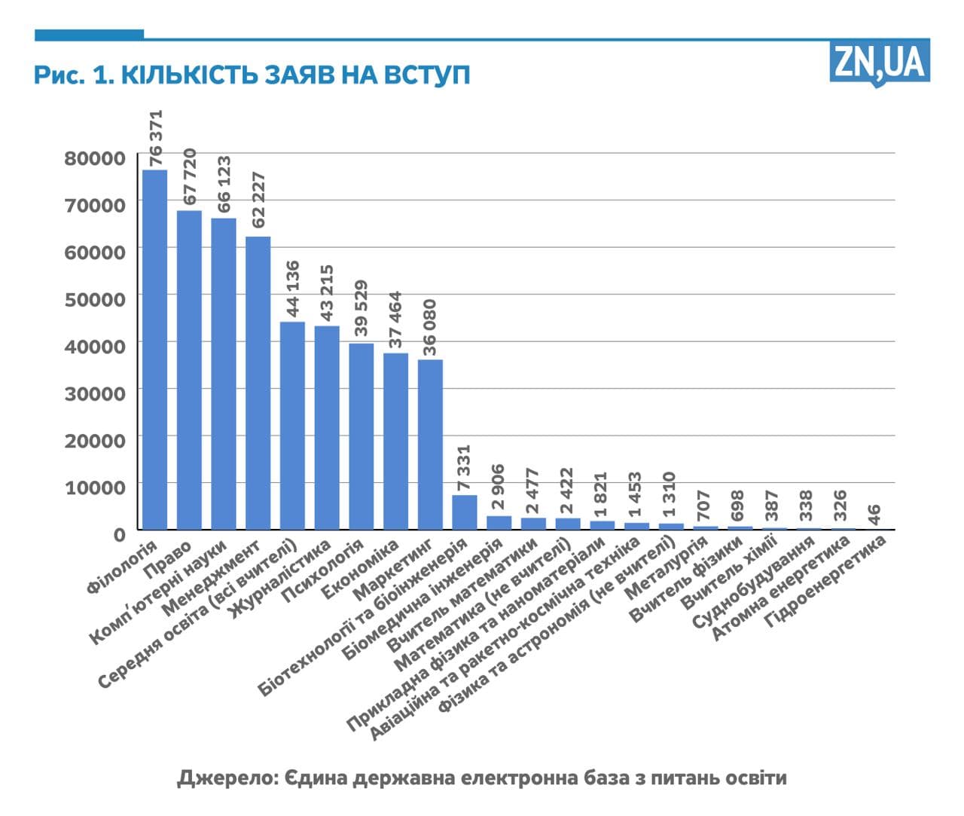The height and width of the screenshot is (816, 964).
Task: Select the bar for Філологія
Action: pos(154,350)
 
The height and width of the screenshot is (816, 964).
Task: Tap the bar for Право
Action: pos(189,370)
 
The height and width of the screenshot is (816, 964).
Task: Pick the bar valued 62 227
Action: pos(258,383)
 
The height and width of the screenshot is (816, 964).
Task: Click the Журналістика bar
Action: pos(327,427)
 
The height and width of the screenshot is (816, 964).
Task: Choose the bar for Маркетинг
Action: pos(430,444)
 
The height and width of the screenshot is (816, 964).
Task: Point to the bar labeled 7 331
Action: pos(465,512)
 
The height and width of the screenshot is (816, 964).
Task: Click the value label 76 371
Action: pos(155,138)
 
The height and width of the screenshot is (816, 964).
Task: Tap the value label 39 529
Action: pos(361,307)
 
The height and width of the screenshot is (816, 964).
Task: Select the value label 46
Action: pos(874,515)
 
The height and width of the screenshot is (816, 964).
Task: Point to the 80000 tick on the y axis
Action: pos(95,158)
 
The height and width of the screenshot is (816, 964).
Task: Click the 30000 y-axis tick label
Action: pos(95,393)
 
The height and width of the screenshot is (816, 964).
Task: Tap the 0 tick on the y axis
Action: pos(119,534)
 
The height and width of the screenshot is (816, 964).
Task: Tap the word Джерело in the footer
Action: pos(223,777)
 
